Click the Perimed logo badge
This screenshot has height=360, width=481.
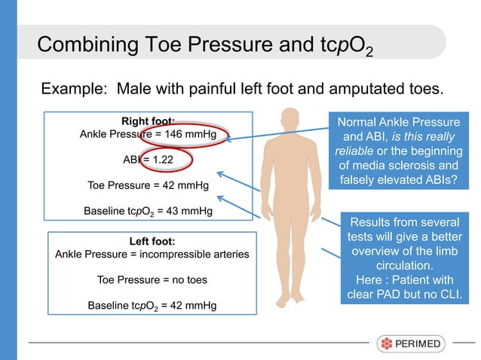pyautogui.click(x=411, y=343)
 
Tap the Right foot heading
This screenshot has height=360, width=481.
pyautogui.click(x=148, y=121)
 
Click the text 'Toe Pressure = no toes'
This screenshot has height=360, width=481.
pyautogui.click(x=152, y=279)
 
